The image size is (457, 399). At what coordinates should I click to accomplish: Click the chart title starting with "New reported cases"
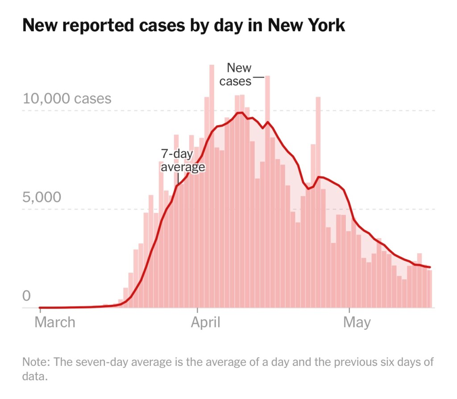[183, 25]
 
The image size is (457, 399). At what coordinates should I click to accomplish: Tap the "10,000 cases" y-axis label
[67, 98]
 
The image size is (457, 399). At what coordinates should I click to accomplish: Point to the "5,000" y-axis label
[42, 197]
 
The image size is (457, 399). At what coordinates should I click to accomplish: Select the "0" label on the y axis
[26, 296]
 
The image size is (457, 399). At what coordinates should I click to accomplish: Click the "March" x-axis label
[55, 322]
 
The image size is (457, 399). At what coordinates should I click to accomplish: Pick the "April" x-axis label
[206, 322]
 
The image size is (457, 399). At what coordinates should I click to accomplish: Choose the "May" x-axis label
[357, 322]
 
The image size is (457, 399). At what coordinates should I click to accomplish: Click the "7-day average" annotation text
[183, 160]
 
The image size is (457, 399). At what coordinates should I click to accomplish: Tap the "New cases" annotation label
[237, 74]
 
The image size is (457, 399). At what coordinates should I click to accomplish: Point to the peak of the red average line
[240, 113]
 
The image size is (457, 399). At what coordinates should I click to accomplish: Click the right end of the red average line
[430, 267]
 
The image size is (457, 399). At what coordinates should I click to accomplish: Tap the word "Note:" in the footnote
[34, 361]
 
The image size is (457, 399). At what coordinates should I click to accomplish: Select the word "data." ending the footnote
[34, 376]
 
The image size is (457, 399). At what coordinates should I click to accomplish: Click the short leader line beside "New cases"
[258, 77]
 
